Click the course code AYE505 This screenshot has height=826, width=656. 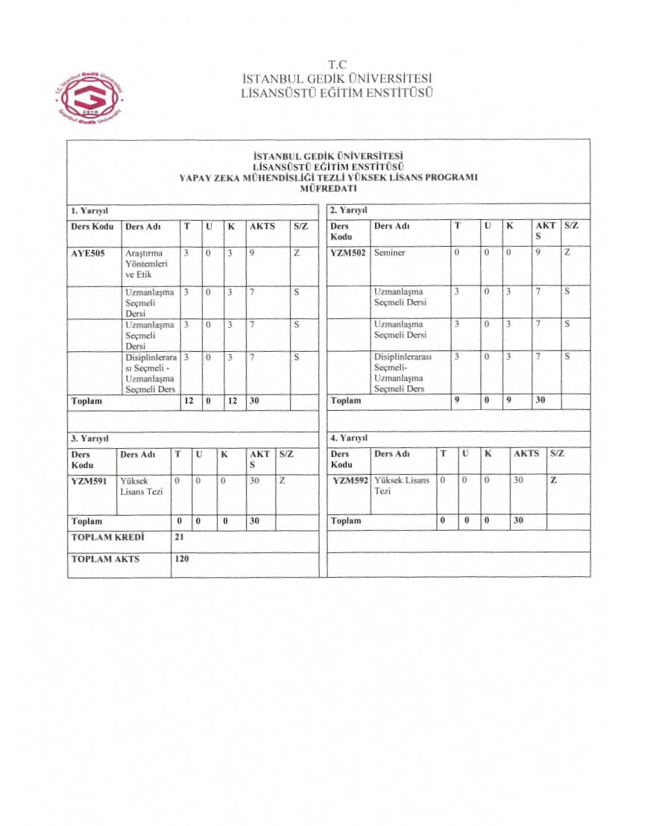pos(88,253)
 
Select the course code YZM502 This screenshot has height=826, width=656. pos(348,253)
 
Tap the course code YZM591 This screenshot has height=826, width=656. pos(89,481)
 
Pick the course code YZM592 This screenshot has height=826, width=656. pos(350,481)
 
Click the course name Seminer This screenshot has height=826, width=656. pos(390,253)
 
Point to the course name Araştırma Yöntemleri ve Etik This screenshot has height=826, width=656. pos(145,264)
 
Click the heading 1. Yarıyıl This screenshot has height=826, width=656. pos(90,211)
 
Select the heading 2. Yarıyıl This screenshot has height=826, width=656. pos(349,211)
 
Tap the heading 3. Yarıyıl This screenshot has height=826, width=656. pos(90,438)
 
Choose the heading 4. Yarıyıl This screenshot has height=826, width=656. pos(349,438)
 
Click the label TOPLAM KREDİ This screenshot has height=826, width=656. pos(107,537)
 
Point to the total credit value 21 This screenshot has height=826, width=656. pos(180,537)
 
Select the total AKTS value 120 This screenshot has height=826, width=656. pos(182,558)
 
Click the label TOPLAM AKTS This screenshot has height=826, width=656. pos(105,558)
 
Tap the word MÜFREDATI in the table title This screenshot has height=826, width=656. pos(328,189)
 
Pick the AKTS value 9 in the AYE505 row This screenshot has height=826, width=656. pos(254,253)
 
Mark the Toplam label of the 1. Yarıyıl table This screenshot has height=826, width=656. pos(86,401)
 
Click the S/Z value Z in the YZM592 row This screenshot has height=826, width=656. pos(553,481)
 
